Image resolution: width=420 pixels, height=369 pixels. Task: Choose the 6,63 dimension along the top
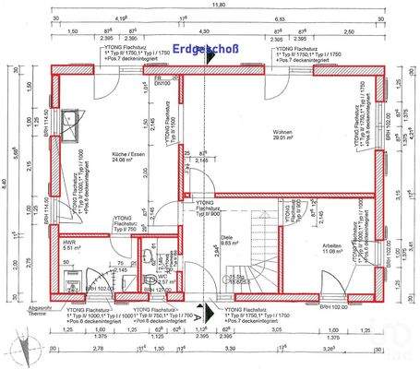coord(304,18)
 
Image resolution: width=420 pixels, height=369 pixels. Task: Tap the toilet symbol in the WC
coord(150,278)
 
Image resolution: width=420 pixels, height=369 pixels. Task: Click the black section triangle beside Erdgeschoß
coord(215,56)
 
